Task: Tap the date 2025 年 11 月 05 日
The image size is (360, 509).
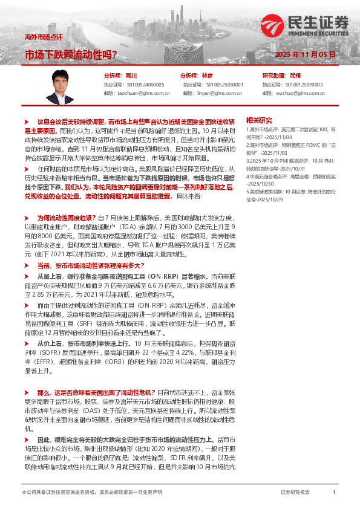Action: tap(301, 54)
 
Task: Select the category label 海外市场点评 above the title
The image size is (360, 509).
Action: tap(43, 37)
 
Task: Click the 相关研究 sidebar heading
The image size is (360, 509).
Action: tap(276, 120)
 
